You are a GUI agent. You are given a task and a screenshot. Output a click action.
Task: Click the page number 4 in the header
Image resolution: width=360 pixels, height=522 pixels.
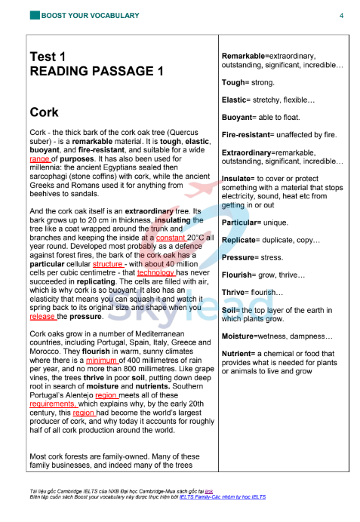pos(341,15)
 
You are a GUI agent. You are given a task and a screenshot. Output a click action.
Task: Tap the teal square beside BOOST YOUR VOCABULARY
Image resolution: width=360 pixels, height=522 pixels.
pos(35,15)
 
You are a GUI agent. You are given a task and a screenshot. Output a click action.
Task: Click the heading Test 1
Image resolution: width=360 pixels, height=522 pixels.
pos(48,57)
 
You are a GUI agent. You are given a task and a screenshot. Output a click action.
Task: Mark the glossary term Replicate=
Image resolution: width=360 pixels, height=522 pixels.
pos(245,240)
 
